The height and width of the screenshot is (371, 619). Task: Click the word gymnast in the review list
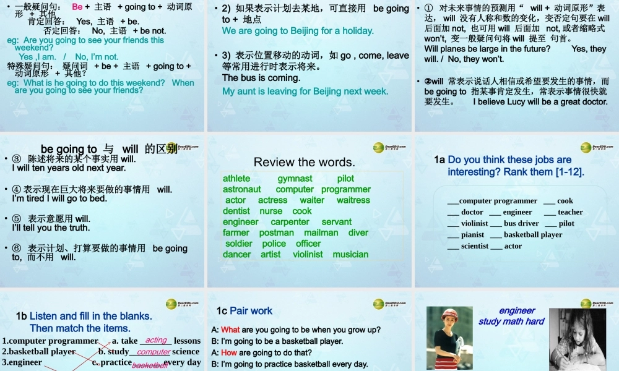[295, 179]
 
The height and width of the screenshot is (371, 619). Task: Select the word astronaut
[242, 189]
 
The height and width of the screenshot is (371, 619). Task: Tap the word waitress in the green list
[353, 200]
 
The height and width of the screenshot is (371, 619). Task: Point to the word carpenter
[290, 222]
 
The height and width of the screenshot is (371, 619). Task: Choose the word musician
[350, 254]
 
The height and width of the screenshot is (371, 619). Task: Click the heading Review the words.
[305, 163]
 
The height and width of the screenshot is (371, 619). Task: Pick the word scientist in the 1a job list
[475, 246]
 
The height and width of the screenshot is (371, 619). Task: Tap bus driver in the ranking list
[521, 223]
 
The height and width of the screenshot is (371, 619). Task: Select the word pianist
[473, 235]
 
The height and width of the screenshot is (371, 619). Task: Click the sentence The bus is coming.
[261, 79]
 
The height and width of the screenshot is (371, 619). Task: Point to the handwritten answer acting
[157, 340]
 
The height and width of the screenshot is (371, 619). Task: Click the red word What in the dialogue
[230, 330]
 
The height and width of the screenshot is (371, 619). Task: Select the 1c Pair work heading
[245, 311]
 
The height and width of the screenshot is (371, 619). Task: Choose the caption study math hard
[511, 322]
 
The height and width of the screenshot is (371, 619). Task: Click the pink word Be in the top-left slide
[77, 7]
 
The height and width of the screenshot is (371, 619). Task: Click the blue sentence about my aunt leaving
[305, 92]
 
